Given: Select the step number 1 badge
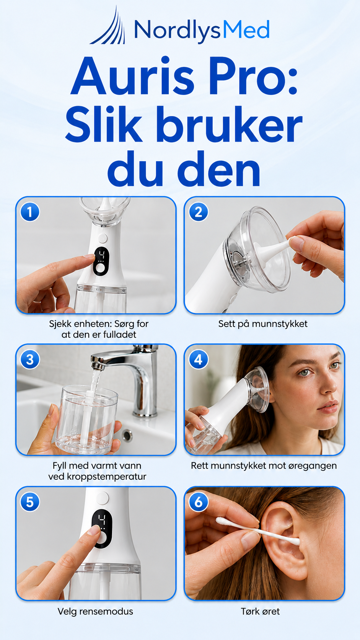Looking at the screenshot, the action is [x=30, y=212].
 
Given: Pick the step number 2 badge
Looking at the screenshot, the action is [x=199, y=212].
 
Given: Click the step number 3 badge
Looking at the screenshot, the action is [x=30, y=359].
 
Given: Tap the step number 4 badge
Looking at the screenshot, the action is [x=199, y=359].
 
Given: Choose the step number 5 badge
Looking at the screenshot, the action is [x=30, y=502].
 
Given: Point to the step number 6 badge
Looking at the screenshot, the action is [x=199, y=502].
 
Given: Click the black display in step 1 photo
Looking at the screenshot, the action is [x=101, y=261].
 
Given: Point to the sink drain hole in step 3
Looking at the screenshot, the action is [x=127, y=435].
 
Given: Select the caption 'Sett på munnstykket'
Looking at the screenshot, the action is [x=263, y=324].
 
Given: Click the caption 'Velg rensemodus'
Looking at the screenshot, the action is [x=95, y=611].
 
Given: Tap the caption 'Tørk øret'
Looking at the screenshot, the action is [x=261, y=611].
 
